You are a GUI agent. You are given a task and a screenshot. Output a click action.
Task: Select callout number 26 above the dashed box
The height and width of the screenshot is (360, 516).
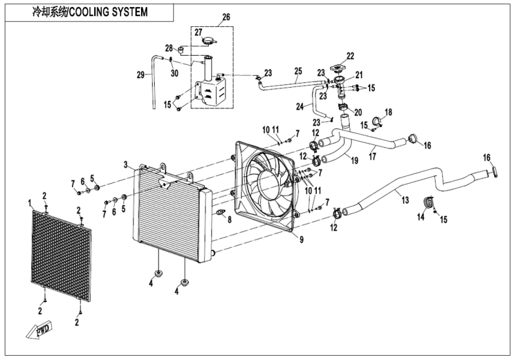click(x=226, y=17)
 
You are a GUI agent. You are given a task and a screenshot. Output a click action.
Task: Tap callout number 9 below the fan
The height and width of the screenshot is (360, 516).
click(x=301, y=239)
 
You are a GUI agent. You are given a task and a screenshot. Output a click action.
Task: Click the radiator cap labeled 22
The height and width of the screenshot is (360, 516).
click(x=341, y=67)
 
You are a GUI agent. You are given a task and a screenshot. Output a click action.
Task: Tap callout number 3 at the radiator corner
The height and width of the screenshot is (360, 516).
click(x=126, y=164)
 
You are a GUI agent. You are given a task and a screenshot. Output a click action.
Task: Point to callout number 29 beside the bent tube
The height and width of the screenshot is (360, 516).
click(x=141, y=75)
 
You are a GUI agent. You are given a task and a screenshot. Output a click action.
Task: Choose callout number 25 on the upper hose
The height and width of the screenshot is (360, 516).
click(x=298, y=71)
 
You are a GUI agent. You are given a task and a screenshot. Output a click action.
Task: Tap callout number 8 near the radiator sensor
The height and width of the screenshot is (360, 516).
click(x=229, y=221)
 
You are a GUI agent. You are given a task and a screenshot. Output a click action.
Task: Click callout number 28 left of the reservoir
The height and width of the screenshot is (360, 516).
click(x=169, y=48)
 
